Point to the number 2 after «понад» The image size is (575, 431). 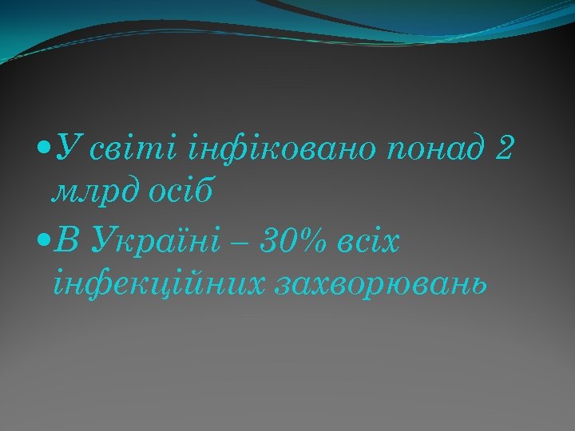[x=504, y=149]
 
